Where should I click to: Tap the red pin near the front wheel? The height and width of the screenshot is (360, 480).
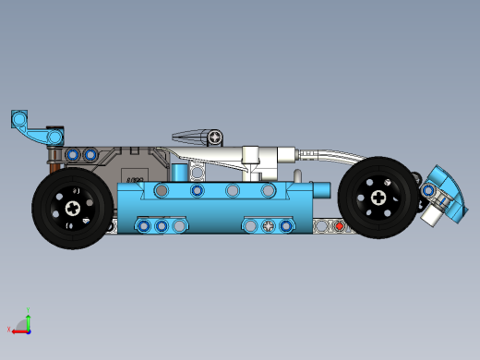pos(340,225)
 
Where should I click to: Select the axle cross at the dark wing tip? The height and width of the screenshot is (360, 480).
pos(215,138)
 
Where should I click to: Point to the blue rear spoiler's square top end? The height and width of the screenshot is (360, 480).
pos(20,118)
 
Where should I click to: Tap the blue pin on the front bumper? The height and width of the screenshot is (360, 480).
pos(428,189)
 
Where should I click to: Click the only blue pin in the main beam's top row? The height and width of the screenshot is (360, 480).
pos(197,190)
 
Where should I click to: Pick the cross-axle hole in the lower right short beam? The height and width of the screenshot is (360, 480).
pos(268,225)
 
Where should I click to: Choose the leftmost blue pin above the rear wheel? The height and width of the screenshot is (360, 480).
pos(72,153)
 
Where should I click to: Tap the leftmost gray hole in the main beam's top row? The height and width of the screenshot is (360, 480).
pos(162,190)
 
